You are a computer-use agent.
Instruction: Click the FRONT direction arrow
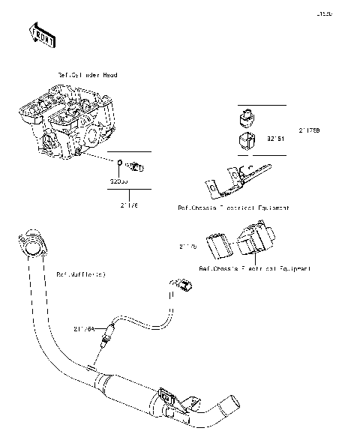[42, 33]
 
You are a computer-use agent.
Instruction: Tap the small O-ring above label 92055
[118, 163]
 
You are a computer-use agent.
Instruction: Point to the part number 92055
[118, 181]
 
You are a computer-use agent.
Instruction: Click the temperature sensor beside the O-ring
[137, 165]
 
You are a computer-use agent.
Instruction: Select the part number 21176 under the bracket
[129, 202]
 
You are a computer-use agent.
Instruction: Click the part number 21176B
[309, 130]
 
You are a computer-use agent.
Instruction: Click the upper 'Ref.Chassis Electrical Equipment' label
[233, 208]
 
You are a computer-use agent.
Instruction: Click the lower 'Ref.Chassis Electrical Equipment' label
[254, 268]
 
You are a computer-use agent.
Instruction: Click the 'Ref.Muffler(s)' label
[81, 274]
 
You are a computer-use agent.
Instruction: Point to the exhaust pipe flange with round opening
[31, 243]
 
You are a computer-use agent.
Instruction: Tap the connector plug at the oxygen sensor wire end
[183, 284]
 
